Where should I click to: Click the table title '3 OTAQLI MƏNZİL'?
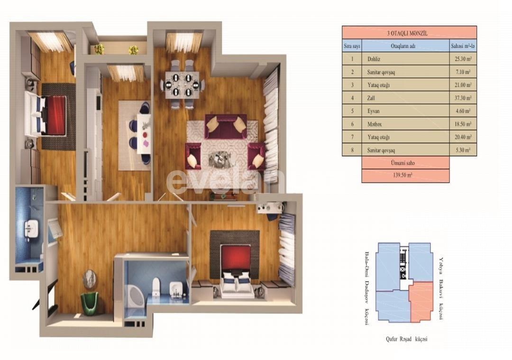click(409, 33)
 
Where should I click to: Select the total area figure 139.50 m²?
click(405, 175)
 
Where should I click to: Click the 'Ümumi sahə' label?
click(405, 163)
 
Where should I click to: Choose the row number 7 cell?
click(352, 137)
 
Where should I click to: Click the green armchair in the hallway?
click(89, 303)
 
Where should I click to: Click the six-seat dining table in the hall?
click(183, 84)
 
